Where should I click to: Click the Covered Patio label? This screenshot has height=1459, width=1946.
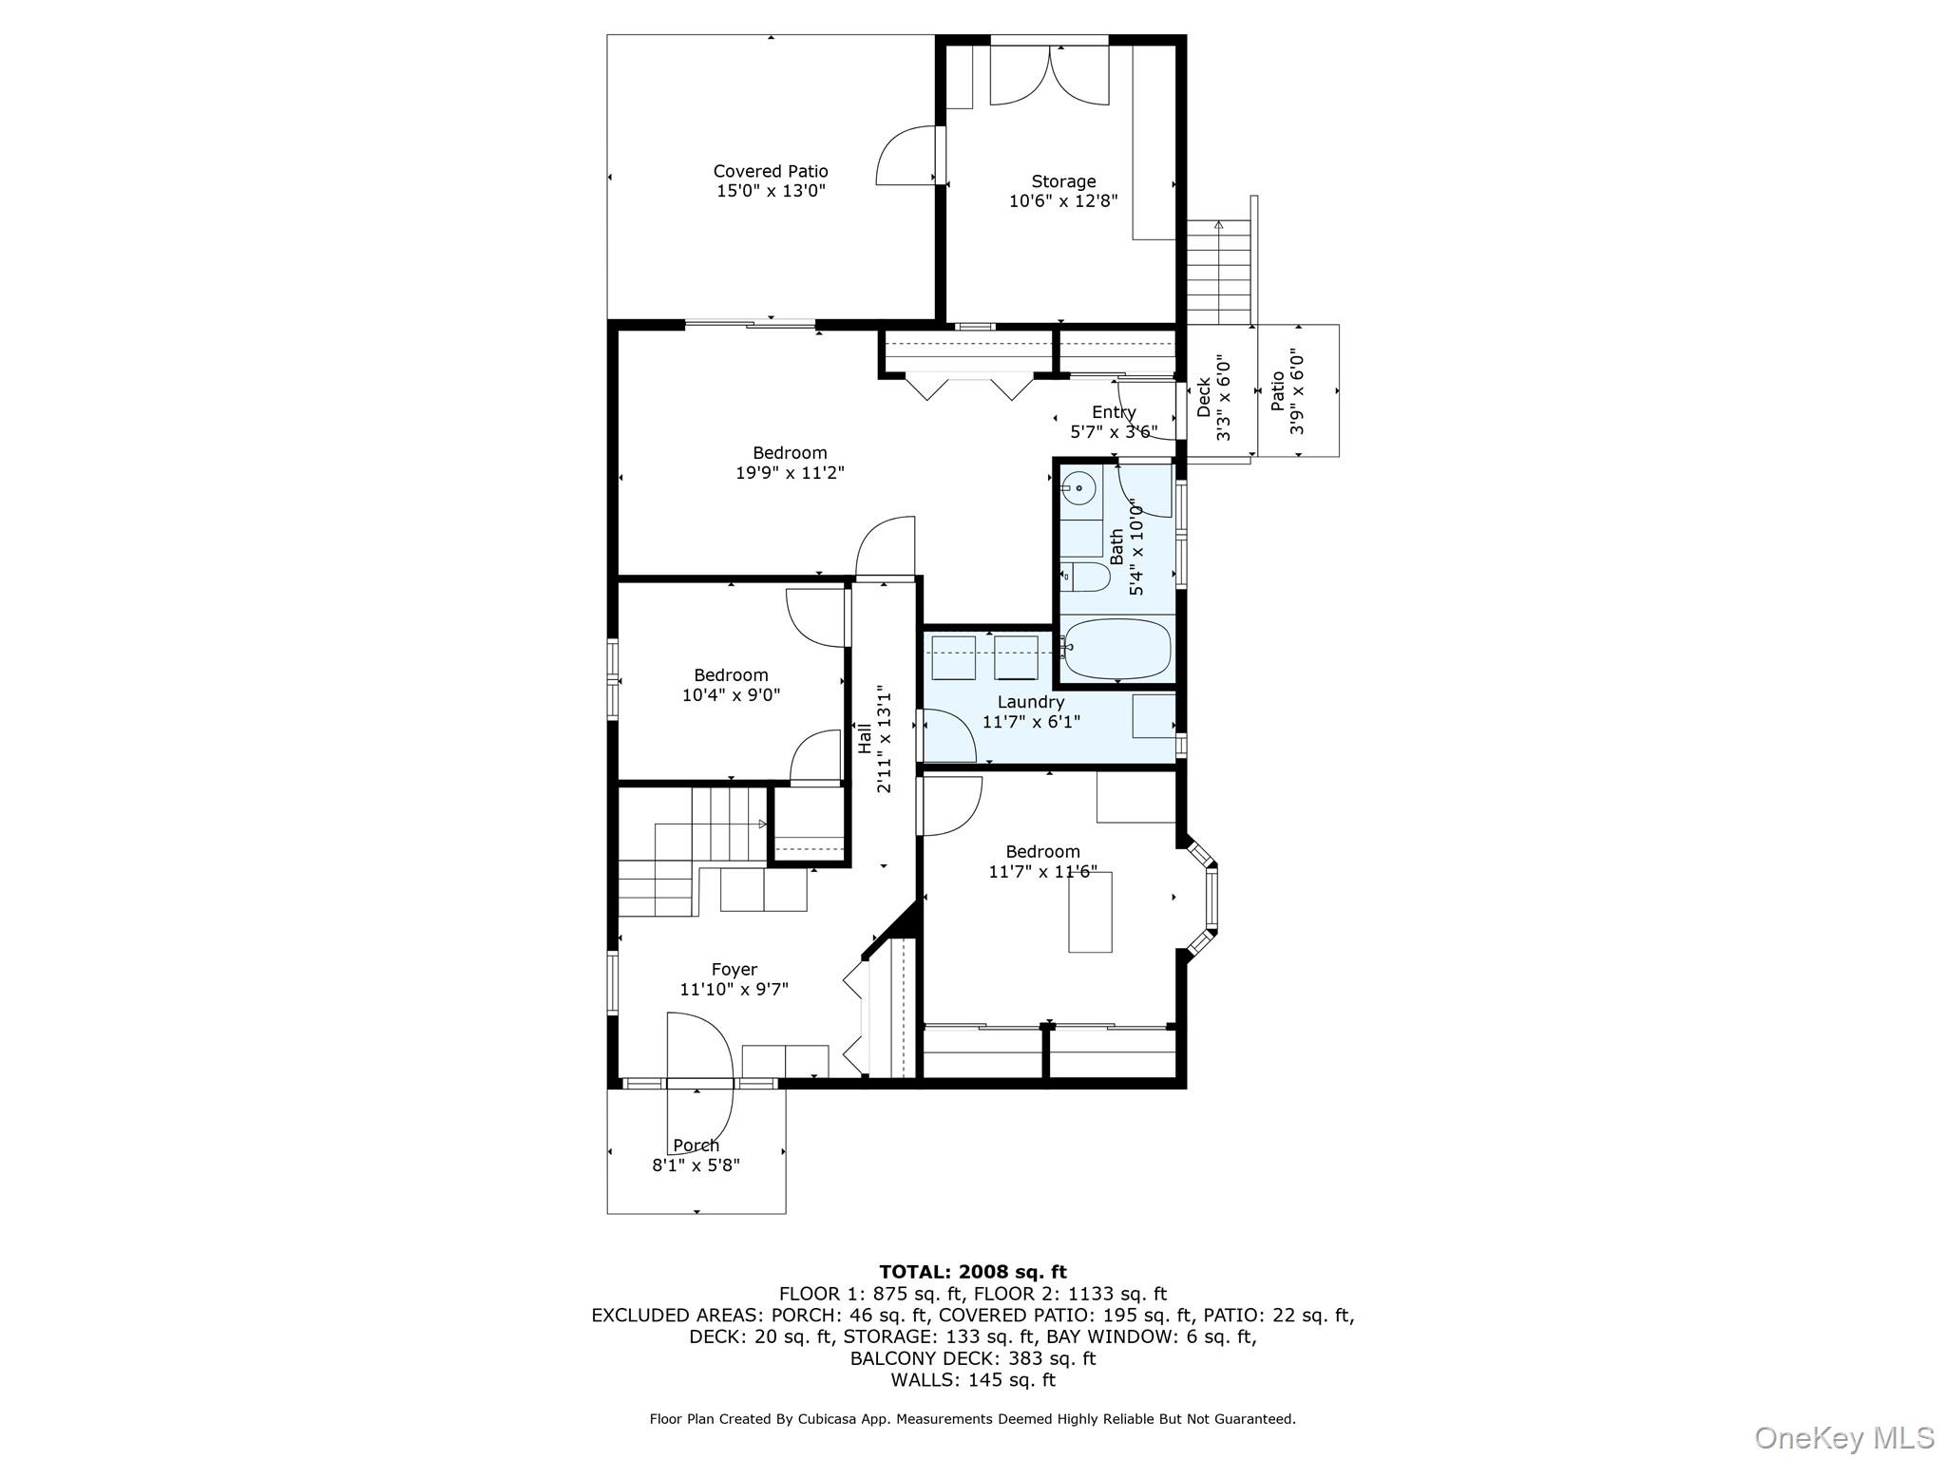click(771, 171)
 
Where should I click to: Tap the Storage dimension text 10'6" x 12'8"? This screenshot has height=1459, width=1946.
click(1063, 201)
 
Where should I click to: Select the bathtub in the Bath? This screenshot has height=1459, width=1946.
click(1117, 650)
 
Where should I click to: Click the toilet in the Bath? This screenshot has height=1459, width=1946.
click(1085, 577)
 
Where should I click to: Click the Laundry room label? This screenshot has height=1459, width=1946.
click(1030, 702)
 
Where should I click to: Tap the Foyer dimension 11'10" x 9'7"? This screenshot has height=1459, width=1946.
click(734, 989)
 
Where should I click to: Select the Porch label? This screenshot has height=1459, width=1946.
click(696, 1146)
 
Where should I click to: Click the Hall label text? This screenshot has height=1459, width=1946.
click(865, 739)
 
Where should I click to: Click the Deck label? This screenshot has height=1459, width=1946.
click(1204, 397)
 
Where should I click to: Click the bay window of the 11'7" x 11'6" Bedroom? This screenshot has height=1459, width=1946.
click(1210, 897)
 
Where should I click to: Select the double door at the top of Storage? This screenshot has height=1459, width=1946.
click(1049, 76)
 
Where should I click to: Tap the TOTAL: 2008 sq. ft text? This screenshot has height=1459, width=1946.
click(972, 1272)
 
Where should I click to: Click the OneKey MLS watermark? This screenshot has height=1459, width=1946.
click(1843, 1437)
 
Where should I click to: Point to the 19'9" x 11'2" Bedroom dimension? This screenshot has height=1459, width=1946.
click(790, 472)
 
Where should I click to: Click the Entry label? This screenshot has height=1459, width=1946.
click(1114, 412)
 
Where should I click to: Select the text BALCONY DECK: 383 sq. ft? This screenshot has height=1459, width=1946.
click(972, 1358)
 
